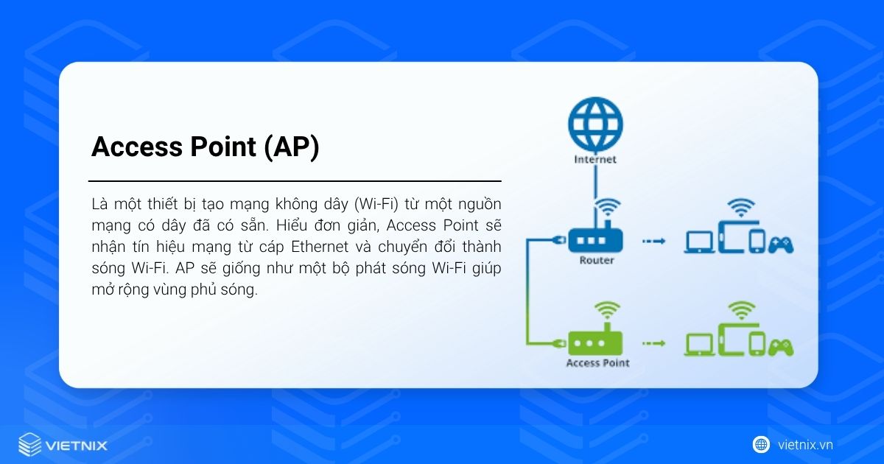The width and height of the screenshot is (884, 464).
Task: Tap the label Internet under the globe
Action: point(596,159)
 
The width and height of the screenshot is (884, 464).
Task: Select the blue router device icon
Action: point(596,239)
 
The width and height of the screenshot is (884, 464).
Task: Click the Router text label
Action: point(597,260)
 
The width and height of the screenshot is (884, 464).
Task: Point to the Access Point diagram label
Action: point(597,363)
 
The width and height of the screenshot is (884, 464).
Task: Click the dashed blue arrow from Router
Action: point(653,241)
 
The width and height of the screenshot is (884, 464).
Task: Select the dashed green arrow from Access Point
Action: point(653,343)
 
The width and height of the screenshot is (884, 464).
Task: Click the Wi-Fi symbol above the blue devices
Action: point(741,206)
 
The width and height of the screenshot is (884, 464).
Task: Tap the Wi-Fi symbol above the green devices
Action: point(741,309)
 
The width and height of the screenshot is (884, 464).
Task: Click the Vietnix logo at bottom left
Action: point(63,445)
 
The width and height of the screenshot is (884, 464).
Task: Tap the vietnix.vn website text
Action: point(805,445)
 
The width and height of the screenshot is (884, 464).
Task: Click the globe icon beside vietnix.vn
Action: point(761,445)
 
